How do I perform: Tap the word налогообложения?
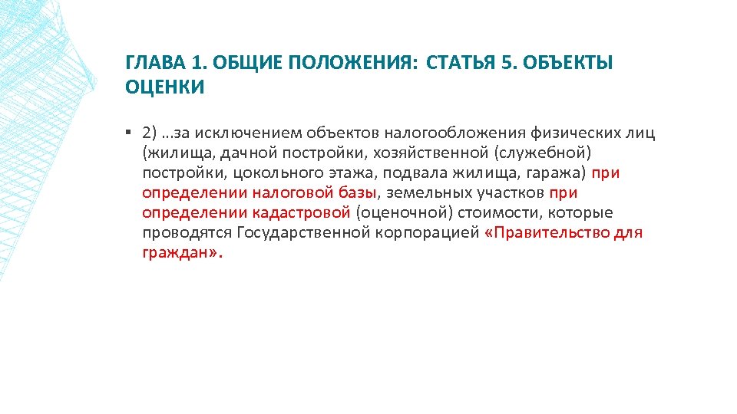point(455,133)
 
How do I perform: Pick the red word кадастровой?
point(301,213)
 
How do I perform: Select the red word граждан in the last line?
point(175,253)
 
